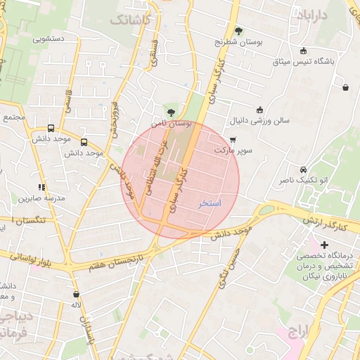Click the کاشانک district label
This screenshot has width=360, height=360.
click(131, 20)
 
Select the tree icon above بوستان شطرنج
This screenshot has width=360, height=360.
click(239, 31)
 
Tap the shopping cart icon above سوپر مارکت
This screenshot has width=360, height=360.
click(233, 140)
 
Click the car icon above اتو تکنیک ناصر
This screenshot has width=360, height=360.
click(302, 170)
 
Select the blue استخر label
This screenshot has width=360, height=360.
click(209, 203)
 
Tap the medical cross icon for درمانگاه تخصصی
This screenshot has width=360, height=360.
click(324, 245)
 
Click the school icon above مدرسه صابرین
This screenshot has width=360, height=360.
click(42, 187)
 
